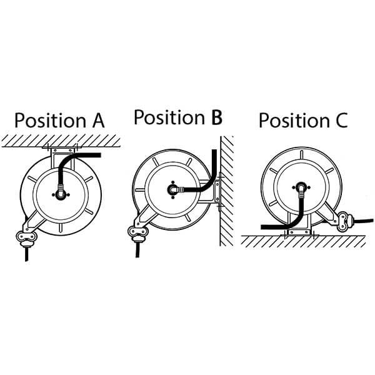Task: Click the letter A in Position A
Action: [99, 120]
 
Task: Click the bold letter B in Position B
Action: [217, 117]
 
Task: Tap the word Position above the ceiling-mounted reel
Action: [50, 120]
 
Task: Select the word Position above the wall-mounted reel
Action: [169, 117]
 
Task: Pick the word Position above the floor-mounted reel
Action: [294, 120]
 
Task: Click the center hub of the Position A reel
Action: [61, 194]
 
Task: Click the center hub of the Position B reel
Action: [172, 189]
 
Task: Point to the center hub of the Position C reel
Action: [301, 187]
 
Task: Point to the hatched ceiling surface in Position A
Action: [61, 141]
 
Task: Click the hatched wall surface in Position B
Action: [227, 191]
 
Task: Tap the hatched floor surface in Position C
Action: [303, 241]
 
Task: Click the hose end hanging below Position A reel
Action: [27, 254]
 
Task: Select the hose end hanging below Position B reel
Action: [137, 250]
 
